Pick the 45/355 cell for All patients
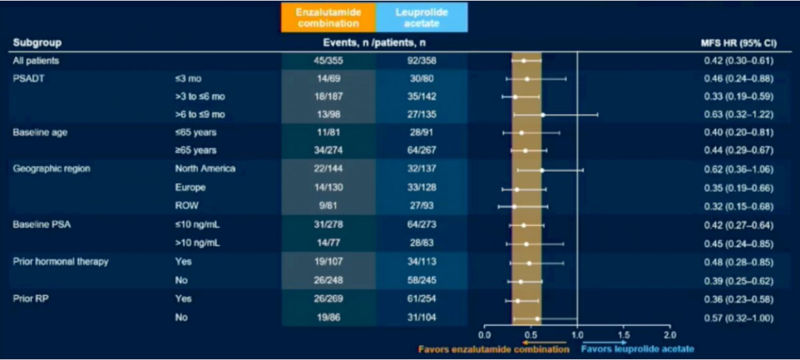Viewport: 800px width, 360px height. (x=327, y=60)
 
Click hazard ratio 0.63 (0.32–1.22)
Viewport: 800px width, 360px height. (x=739, y=115)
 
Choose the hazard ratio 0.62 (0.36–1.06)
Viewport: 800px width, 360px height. (x=739, y=169)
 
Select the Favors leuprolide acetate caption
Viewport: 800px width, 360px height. (x=638, y=348)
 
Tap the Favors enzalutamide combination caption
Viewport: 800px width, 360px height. (x=493, y=348)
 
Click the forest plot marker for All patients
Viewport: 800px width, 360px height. (x=523, y=60)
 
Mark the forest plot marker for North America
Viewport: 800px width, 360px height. (x=541, y=170)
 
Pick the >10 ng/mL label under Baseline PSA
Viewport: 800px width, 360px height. (x=193, y=243)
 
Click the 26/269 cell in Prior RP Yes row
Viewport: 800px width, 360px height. (x=327, y=299)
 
